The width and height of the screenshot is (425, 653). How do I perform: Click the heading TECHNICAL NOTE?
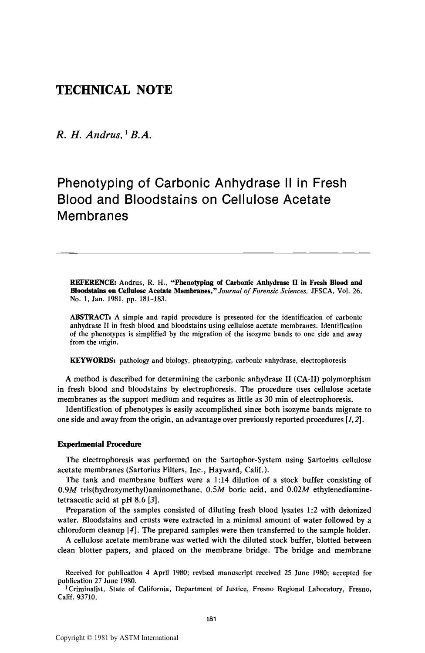point(115,90)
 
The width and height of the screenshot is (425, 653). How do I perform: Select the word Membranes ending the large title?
point(93,215)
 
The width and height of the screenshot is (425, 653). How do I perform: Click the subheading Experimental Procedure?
point(99,444)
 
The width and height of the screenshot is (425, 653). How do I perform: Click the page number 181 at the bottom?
point(212,619)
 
